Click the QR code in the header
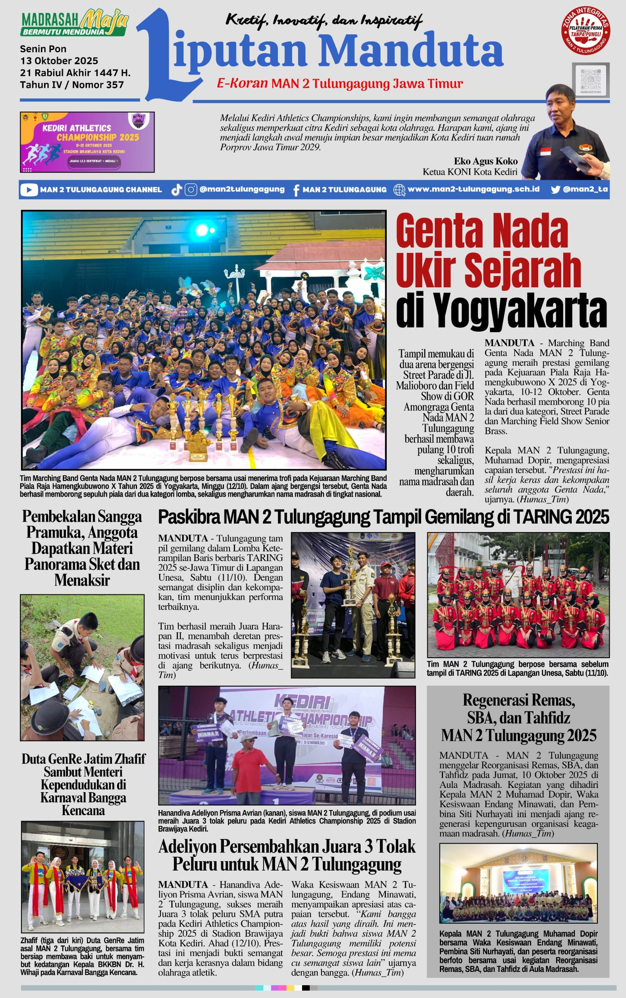click(x=590, y=80)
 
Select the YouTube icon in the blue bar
click(x=28, y=190)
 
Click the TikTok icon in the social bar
click(x=177, y=190)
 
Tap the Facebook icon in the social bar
click(x=296, y=190)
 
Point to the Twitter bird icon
click(x=555, y=190)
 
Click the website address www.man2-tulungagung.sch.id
click(x=473, y=189)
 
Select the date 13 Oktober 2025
click(x=59, y=61)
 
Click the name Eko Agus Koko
click(x=485, y=161)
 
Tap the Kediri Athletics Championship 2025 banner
click(x=87, y=142)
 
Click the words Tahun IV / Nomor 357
click(x=72, y=85)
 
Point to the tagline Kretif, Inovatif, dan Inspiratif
click(x=324, y=20)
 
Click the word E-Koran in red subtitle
click(x=242, y=83)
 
